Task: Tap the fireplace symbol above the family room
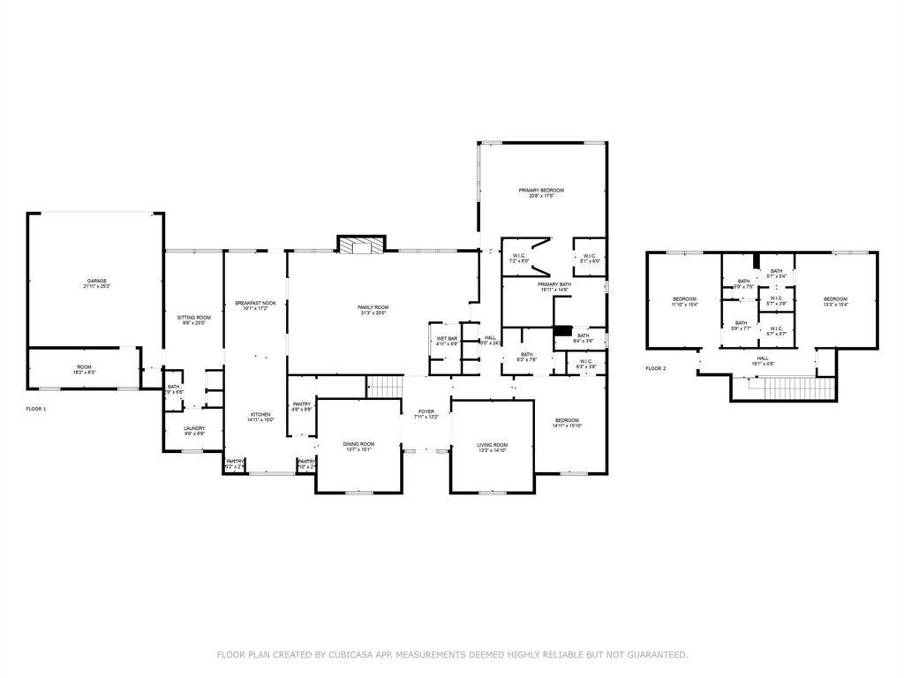[x=362, y=246]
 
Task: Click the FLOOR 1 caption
[x=36, y=410]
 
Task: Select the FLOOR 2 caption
[x=655, y=368]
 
